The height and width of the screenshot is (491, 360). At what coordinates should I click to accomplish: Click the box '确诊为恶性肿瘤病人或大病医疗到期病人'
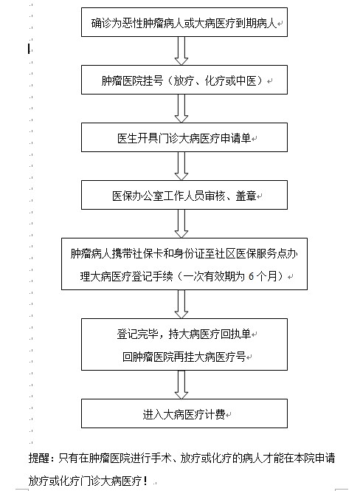(x=184, y=22)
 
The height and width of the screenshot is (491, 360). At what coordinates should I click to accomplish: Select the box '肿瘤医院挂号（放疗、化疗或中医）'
(x=184, y=80)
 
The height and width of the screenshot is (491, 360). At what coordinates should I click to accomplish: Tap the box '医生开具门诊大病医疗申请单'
(x=184, y=137)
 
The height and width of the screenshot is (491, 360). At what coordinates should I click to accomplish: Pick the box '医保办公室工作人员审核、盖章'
(x=184, y=195)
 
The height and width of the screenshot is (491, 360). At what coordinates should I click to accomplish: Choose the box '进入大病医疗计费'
(x=184, y=413)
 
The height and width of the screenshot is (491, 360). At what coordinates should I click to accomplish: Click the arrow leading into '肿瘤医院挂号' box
(x=181, y=51)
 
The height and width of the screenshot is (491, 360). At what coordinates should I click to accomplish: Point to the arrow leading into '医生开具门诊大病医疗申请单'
(x=181, y=109)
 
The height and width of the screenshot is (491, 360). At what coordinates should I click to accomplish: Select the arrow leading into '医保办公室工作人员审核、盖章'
(x=181, y=166)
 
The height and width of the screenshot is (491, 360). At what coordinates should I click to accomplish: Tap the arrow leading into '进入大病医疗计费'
(x=181, y=385)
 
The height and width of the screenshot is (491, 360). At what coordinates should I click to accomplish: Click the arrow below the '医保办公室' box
(x=181, y=224)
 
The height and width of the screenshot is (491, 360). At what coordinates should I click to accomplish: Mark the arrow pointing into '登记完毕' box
(x=181, y=304)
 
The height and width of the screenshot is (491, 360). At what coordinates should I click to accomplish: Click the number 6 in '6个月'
(x=251, y=276)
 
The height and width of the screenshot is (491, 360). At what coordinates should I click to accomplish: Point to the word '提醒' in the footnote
(x=39, y=458)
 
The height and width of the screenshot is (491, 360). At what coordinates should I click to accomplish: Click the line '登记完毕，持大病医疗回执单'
(x=184, y=334)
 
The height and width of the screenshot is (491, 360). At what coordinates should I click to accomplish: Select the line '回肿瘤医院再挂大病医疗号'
(x=184, y=357)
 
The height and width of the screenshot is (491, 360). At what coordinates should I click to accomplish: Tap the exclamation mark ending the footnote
(x=145, y=481)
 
